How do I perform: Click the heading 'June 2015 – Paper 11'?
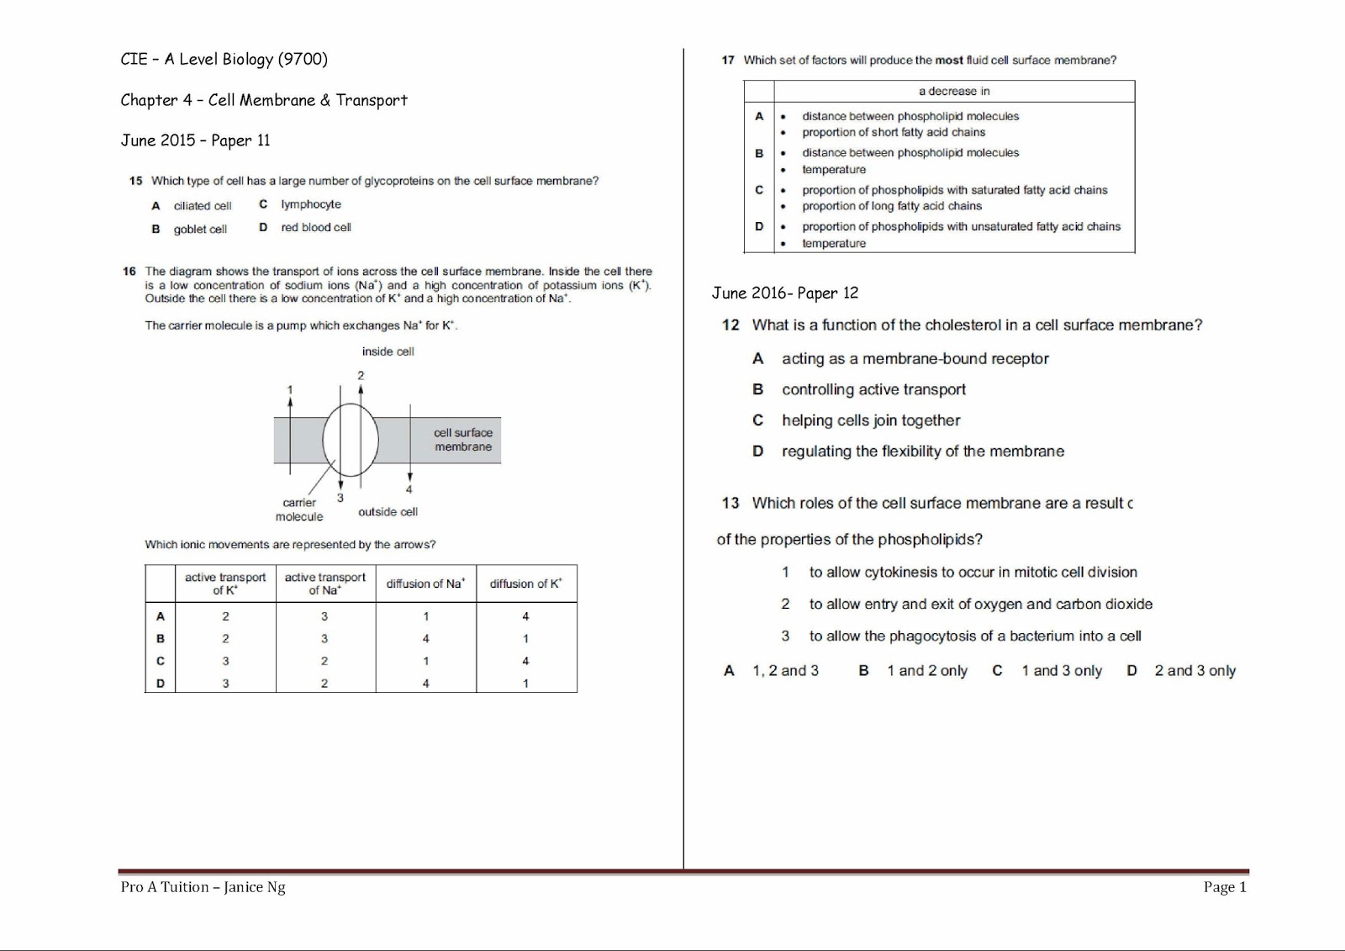click(x=195, y=140)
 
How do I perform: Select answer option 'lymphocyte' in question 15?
click(x=310, y=204)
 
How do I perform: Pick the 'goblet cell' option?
click(x=200, y=229)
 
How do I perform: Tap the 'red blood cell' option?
click(x=315, y=227)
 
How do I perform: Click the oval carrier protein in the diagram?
click(x=351, y=440)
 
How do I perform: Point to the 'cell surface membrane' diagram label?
click(x=462, y=440)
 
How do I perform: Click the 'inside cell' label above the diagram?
click(x=388, y=351)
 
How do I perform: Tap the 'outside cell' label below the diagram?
click(x=388, y=511)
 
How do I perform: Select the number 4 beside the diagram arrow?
click(x=409, y=489)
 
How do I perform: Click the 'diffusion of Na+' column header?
click(x=425, y=584)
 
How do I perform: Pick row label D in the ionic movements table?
click(x=160, y=684)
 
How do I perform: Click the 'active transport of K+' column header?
click(x=224, y=584)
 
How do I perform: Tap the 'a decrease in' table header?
click(x=953, y=91)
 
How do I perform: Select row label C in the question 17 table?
click(x=758, y=190)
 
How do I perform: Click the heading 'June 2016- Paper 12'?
click(x=784, y=293)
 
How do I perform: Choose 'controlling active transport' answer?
click(x=873, y=389)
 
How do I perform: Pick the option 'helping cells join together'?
click(x=870, y=420)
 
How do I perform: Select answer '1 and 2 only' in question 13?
click(x=926, y=671)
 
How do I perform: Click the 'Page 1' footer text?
click(x=1225, y=886)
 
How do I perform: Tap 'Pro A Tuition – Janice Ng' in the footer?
click(x=203, y=886)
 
